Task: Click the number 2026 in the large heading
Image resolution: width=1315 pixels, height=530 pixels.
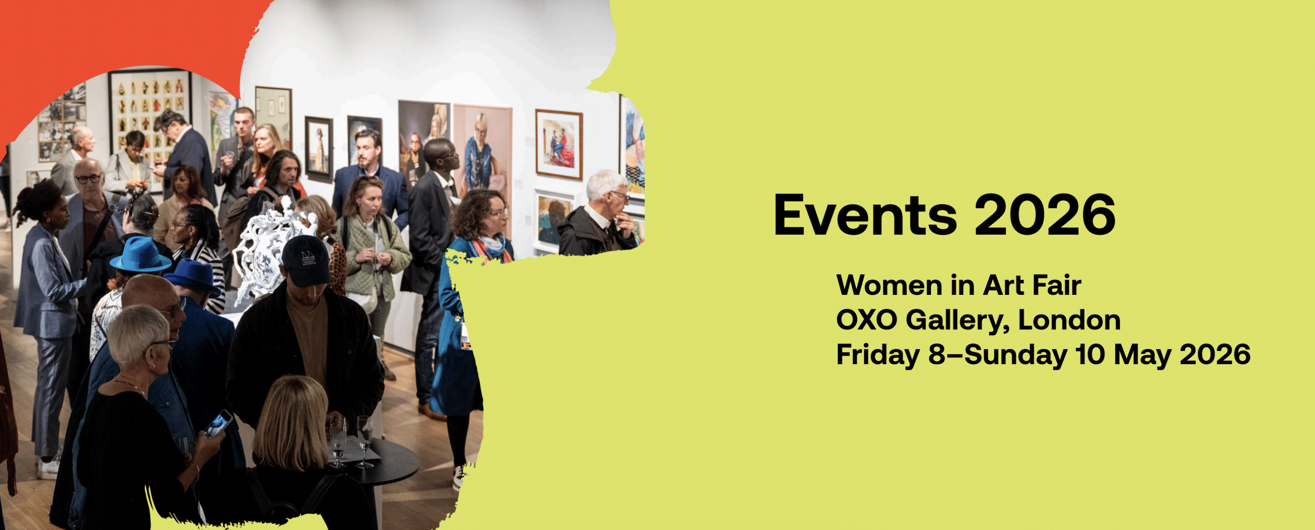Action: click(x=1045, y=215)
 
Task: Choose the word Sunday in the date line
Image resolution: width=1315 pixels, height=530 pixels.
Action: click(x=1016, y=355)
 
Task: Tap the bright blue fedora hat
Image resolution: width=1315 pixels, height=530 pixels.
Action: click(x=141, y=255)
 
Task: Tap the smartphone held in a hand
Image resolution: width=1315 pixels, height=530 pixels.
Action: click(x=218, y=424)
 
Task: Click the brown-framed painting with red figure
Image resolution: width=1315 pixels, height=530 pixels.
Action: click(x=559, y=145)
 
